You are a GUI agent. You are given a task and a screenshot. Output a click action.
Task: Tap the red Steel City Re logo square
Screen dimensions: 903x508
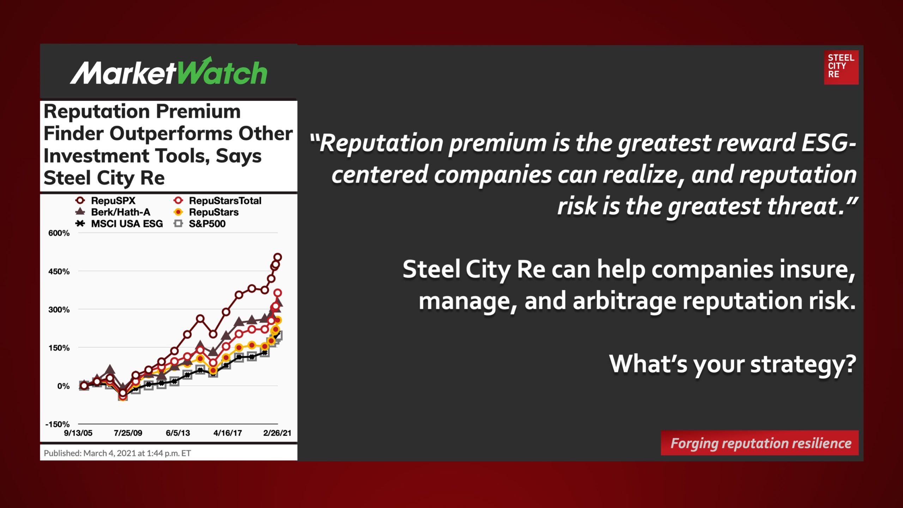[x=841, y=67]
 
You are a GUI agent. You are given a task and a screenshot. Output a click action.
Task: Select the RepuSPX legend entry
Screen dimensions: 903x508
[x=105, y=201]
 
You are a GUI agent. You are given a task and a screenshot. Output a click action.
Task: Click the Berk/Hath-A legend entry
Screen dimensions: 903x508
[x=113, y=212]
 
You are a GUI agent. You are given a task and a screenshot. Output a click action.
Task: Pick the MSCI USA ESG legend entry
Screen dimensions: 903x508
[x=119, y=224]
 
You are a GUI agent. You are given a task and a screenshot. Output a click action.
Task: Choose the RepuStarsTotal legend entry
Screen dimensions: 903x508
[x=217, y=201]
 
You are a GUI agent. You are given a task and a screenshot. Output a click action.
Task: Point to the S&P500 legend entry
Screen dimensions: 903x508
[x=200, y=224]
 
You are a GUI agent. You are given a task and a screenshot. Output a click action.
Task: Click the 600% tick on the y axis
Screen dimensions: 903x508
[x=59, y=233]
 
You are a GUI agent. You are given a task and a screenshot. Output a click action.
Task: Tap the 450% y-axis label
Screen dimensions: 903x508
[x=59, y=272]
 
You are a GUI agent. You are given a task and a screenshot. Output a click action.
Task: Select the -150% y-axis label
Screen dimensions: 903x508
[x=57, y=424]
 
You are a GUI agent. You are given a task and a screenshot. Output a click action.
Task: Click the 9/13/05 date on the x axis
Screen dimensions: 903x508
[x=78, y=433]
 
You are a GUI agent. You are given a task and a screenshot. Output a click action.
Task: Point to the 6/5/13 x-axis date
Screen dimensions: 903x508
[x=178, y=433]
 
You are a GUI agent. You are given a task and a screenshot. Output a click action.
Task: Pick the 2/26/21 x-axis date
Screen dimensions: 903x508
[x=277, y=433]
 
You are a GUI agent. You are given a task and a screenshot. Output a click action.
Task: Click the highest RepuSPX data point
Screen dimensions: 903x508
[x=278, y=257]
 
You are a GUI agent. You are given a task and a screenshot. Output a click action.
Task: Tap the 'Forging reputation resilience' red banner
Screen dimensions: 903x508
[x=760, y=443]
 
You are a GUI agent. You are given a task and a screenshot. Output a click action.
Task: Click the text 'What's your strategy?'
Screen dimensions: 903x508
[x=733, y=364]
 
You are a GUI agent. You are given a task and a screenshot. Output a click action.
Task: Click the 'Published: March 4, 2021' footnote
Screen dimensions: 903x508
[x=117, y=453]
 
